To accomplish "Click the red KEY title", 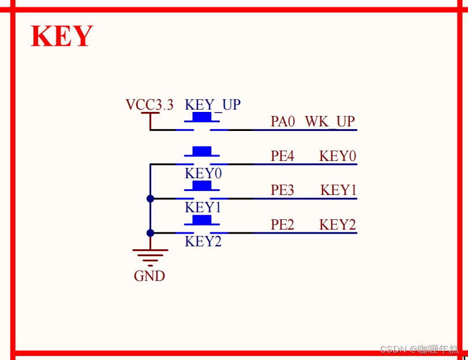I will (x=62, y=36).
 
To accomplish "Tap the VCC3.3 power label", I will (x=149, y=105).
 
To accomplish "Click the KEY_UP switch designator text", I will (x=212, y=105).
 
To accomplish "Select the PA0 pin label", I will (x=283, y=122).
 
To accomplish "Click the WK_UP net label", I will (x=330, y=122).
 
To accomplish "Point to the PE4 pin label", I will (x=283, y=156).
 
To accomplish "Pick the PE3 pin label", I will (x=283, y=190).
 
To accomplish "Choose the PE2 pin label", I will (x=283, y=224).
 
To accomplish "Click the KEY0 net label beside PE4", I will (x=338, y=156).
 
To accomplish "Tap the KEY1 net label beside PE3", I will (x=338, y=190).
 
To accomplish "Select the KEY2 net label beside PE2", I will (x=338, y=224).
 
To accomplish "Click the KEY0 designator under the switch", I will (x=203, y=174).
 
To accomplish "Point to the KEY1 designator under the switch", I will (x=203, y=207).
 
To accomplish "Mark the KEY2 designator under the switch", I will (x=203, y=242).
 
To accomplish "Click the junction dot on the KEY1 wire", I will (x=150, y=198).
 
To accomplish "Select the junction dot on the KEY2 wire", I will (x=150, y=233).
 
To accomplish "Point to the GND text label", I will (x=149, y=276).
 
